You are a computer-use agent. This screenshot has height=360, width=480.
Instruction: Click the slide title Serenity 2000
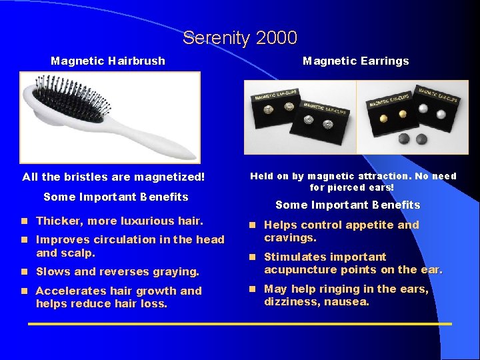pyautogui.click(x=240, y=38)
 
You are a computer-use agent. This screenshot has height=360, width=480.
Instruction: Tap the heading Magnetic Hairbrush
pyautogui.click(x=108, y=61)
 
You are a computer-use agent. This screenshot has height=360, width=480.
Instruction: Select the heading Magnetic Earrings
pyautogui.click(x=355, y=61)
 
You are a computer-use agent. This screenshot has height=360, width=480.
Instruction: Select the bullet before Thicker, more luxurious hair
pyautogui.click(x=24, y=221)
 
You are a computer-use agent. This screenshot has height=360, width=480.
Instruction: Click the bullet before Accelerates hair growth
pyautogui.click(x=24, y=291)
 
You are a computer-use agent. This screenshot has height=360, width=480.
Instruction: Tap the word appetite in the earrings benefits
pyautogui.click(x=369, y=225)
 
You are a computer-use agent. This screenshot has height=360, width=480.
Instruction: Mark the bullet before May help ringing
pyautogui.click(x=253, y=289)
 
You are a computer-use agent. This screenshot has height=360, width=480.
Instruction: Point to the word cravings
pyautogui.click(x=289, y=238)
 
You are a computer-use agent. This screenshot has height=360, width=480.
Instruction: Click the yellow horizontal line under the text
pyautogui.click(x=240, y=325)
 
